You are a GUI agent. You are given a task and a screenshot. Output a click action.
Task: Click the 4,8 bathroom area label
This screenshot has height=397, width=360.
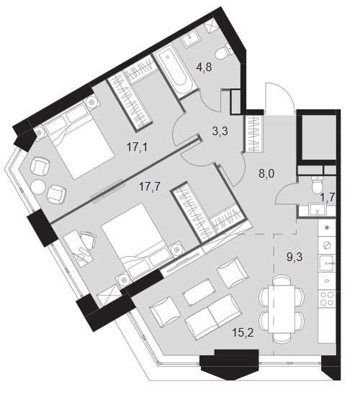[x=204, y=68]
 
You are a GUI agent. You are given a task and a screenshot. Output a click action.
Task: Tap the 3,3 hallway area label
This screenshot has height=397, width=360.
[x=220, y=131]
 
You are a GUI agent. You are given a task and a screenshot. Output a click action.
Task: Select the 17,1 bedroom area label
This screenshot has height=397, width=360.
[x=137, y=147]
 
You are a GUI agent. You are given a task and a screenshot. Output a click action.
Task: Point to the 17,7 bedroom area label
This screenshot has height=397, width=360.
[x=150, y=188]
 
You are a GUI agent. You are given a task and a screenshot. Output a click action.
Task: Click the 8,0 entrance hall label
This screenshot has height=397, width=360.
[x=266, y=174]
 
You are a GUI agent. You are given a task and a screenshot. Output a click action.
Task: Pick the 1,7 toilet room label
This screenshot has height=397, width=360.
[x=328, y=196]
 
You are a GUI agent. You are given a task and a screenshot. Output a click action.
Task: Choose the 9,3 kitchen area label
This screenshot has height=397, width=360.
[x=294, y=257]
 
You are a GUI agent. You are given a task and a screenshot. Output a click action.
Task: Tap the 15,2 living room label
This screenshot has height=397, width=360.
[x=243, y=332]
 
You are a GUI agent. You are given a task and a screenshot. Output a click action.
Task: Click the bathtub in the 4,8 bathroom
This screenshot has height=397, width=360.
[x=175, y=72]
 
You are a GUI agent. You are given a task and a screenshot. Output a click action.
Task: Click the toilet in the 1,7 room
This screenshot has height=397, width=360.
[x=317, y=185]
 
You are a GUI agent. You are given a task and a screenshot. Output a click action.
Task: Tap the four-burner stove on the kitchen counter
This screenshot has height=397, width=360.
[x=327, y=298]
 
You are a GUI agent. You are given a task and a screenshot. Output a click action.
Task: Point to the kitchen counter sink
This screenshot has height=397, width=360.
[x=327, y=263]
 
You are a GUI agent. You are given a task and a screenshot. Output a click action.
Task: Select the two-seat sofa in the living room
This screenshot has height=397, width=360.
[x=213, y=316]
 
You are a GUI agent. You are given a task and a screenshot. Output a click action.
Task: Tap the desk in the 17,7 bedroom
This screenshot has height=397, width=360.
[x=79, y=248]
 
